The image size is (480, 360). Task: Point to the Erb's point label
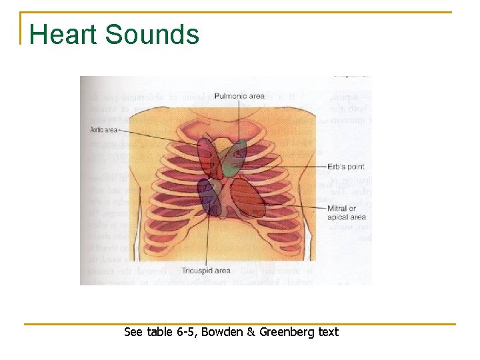pos(346,166)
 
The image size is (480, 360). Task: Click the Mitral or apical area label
pos(346,213)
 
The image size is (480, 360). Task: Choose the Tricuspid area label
pos(206,271)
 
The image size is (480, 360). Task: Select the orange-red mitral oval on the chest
pos(248,197)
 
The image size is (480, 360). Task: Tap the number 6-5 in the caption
pos(184,332)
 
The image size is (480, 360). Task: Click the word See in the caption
pos(134,332)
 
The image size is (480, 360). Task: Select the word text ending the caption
pos(328,332)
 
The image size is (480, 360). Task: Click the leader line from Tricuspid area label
pos(207,240)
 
